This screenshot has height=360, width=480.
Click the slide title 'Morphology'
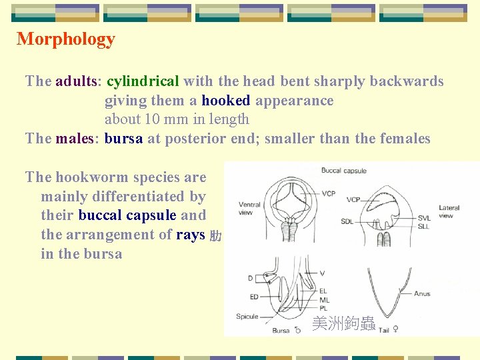pos(66,39)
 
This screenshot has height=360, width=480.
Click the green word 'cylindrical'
pos(143,81)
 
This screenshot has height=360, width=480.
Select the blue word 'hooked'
pos(226,101)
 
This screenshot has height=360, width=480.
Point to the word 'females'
pos(405,139)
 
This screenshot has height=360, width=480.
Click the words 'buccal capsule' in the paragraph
pos(127,215)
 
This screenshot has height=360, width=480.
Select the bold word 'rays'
pos(191,235)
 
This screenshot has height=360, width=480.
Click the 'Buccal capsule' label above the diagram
pos(344,171)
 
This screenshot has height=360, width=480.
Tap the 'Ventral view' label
pos(250,208)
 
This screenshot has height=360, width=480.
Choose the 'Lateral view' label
pos(449,211)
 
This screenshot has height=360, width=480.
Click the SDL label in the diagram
pos(347,221)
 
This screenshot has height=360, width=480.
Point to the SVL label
pos(424,218)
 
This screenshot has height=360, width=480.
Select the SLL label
pos(424,227)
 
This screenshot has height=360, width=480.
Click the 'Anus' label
pos(422,293)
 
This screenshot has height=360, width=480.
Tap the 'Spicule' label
pos(247,316)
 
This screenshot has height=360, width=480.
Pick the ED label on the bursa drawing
pos(253,297)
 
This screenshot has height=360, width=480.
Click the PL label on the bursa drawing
pos(323,308)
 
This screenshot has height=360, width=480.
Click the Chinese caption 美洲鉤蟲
pos(343,324)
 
